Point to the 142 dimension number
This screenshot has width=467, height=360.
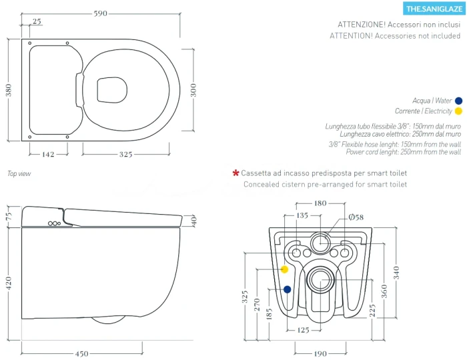click(47, 154)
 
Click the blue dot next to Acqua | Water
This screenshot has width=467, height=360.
click(458, 100)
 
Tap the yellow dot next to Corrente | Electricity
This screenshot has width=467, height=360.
click(458, 111)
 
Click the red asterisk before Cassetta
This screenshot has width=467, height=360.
click(236, 173)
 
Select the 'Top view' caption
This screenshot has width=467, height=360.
click(19, 173)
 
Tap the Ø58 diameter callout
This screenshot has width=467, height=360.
click(356, 217)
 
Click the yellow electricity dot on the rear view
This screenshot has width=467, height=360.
click(285, 269)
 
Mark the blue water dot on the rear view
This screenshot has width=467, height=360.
click(287, 289)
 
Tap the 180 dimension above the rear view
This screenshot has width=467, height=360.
click(321, 203)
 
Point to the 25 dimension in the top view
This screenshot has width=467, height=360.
click(36, 22)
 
